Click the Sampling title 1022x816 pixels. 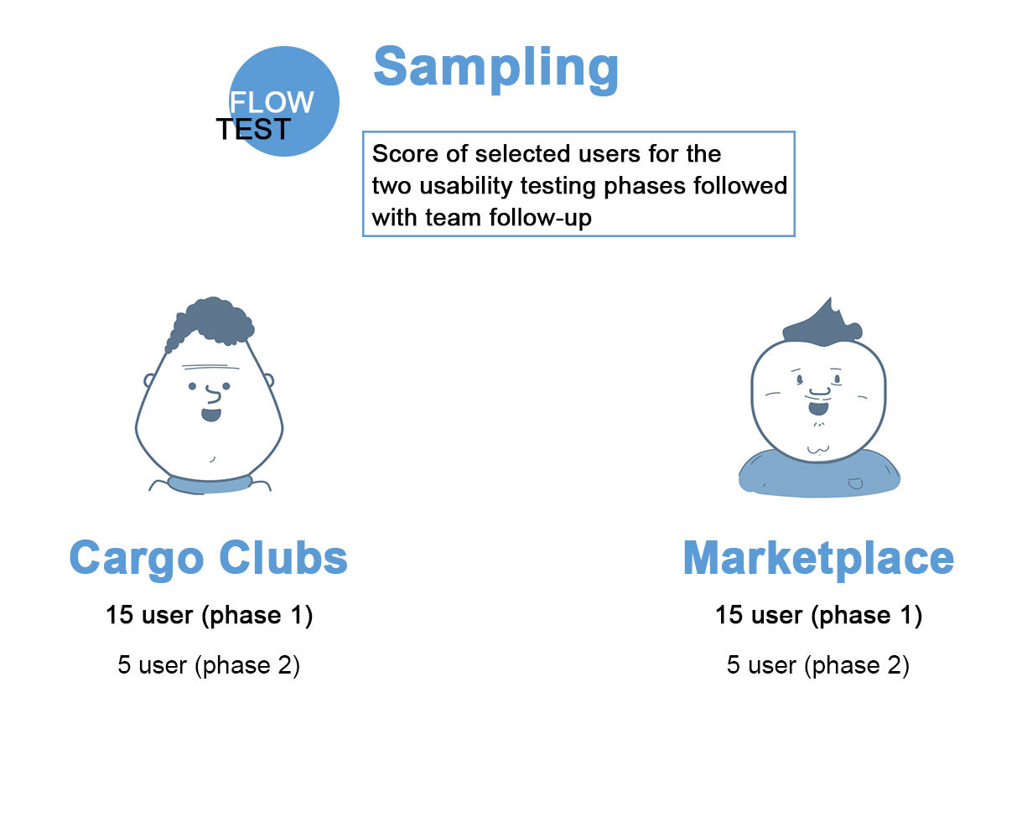495,70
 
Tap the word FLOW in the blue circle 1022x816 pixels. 271,102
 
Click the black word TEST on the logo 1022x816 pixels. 253,129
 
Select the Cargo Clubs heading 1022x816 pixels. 209,559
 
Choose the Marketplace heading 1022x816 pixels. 819,559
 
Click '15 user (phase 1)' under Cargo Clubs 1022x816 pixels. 210,615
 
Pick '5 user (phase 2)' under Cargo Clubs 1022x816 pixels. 209,665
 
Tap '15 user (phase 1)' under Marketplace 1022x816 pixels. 819,615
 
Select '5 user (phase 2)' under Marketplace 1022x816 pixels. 818,665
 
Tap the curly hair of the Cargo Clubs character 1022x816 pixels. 212,322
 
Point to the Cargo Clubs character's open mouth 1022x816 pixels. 211,415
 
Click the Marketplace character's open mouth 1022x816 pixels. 818,408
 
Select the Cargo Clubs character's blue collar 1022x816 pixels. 210,484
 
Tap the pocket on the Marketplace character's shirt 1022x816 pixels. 855,483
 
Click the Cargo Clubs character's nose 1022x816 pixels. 214,394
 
